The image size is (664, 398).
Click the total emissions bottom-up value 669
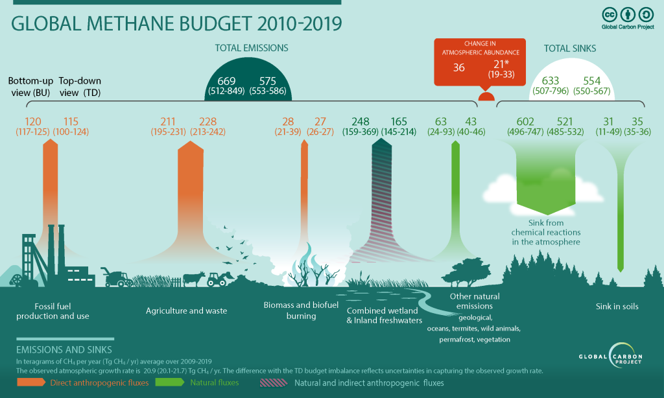pyautogui.click(x=226, y=80)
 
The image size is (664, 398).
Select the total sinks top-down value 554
pyautogui.click(x=591, y=80)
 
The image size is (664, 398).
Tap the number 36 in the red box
pyautogui.click(x=458, y=67)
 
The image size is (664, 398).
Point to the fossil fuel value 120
pyautogui.click(x=33, y=121)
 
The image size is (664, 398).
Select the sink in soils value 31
pyautogui.click(x=608, y=121)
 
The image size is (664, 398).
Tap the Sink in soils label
pyautogui.click(x=617, y=306)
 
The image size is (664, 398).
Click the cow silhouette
pyautogui.click(x=192, y=279)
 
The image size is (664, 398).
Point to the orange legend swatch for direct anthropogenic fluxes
pyautogui.click(x=30, y=383)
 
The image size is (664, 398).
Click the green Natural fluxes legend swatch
pyautogui.click(x=171, y=383)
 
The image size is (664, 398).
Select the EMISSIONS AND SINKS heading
pyautogui.click(x=64, y=349)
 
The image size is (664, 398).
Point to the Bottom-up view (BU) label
pyautogui.click(x=29, y=87)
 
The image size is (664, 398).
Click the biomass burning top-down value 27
pyautogui.click(x=320, y=121)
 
